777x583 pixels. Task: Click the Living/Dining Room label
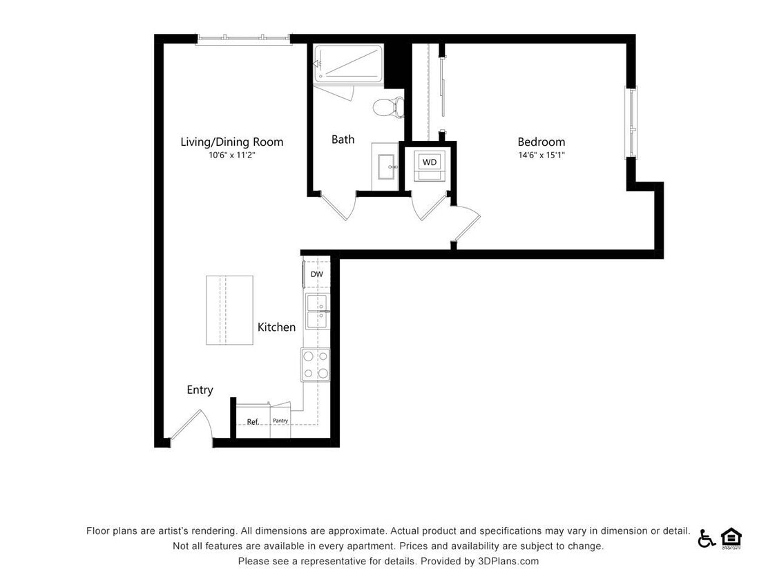coord(231,142)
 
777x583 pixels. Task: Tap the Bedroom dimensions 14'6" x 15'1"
coord(541,155)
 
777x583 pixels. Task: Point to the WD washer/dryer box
coord(430,162)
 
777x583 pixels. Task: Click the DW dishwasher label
coord(316,274)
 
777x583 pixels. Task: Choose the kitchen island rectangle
coord(229,310)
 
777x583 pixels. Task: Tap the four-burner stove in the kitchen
coord(315,365)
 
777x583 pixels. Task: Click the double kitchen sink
coord(318,312)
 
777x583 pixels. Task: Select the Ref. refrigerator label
coord(253,421)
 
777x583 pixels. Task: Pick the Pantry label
coord(280,421)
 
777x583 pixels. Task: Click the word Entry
coord(200,390)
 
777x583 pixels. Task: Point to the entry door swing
coord(191,426)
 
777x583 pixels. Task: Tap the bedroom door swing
coord(466,222)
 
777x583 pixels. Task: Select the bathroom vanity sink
coord(384,166)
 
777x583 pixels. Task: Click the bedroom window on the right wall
coord(631,122)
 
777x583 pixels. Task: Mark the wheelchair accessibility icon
coord(706,538)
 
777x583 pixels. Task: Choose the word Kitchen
coord(276,327)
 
